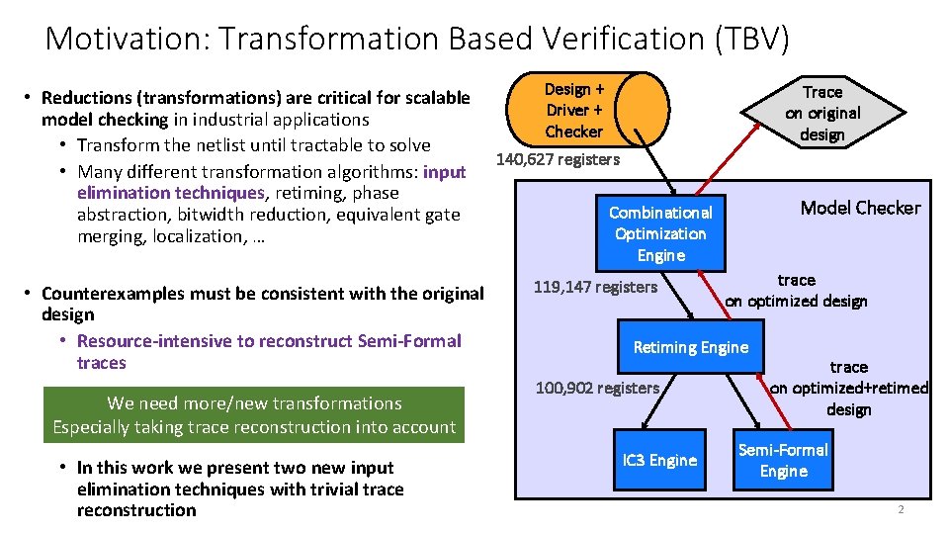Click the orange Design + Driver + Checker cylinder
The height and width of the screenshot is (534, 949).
[587, 110]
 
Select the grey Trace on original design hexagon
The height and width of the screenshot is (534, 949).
[822, 113]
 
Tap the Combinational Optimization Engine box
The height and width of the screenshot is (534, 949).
[660, 233]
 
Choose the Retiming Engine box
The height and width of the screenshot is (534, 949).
[691, 346]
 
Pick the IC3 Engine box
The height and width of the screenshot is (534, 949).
[659, 460]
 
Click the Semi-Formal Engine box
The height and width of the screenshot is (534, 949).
[783, 460]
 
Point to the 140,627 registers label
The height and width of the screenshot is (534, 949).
[558, 159]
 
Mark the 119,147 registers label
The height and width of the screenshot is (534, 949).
[595, 287]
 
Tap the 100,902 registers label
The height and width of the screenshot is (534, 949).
[597, 388]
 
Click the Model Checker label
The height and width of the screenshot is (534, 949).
[860, 208]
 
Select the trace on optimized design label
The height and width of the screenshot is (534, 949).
[796, 291]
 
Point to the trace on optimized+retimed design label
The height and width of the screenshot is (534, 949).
[848, 388]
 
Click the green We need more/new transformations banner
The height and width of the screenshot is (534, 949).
[254, 415]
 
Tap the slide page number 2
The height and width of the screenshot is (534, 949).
[901, 509]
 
